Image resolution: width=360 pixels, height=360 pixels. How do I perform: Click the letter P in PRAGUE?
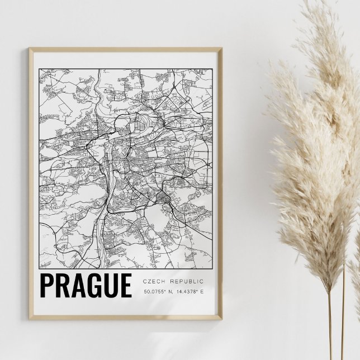coord(47,285)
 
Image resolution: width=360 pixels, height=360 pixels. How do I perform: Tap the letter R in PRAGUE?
coord(63,285)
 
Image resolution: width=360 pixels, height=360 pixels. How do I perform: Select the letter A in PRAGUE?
coord(78,285)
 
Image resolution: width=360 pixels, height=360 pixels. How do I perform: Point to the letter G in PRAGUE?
coord(94,285)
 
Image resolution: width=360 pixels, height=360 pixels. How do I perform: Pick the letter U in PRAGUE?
coord(110,285)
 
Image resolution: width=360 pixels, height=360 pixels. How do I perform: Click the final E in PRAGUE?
coord(125,285)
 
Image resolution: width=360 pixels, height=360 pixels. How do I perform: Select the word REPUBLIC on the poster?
coord(187,281)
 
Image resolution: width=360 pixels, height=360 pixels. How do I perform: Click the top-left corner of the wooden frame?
coord(30,49)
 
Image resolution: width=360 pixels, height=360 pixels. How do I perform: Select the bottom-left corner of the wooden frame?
coord(30,319)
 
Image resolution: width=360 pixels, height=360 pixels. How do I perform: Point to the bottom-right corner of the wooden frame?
coord(221,319)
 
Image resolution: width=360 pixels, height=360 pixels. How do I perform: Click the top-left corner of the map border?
coord(40,69)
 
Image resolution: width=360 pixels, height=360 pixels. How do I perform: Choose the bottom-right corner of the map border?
coord(212,268)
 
